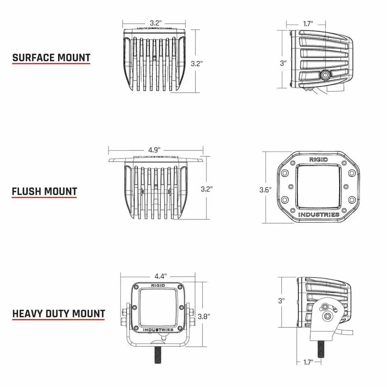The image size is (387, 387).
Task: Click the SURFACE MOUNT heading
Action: [51, 58]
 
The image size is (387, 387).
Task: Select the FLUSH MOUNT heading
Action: [44, 191]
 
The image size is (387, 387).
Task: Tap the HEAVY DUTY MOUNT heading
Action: [58, 314]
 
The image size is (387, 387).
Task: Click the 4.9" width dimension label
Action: [154, 150]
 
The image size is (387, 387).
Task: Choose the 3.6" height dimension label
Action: [265, 189]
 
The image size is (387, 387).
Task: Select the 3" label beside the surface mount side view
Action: [283, 63]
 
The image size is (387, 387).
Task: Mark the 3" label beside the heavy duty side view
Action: [281, 301]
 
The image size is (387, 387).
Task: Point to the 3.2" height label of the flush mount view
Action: [206, 189]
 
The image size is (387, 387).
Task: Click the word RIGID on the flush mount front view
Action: [318, 160]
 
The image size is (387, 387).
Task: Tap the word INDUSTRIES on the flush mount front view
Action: [318, 214]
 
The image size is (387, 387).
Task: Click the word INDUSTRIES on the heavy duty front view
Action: [158, 330]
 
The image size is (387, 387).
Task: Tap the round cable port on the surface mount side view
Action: [325, 75]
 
